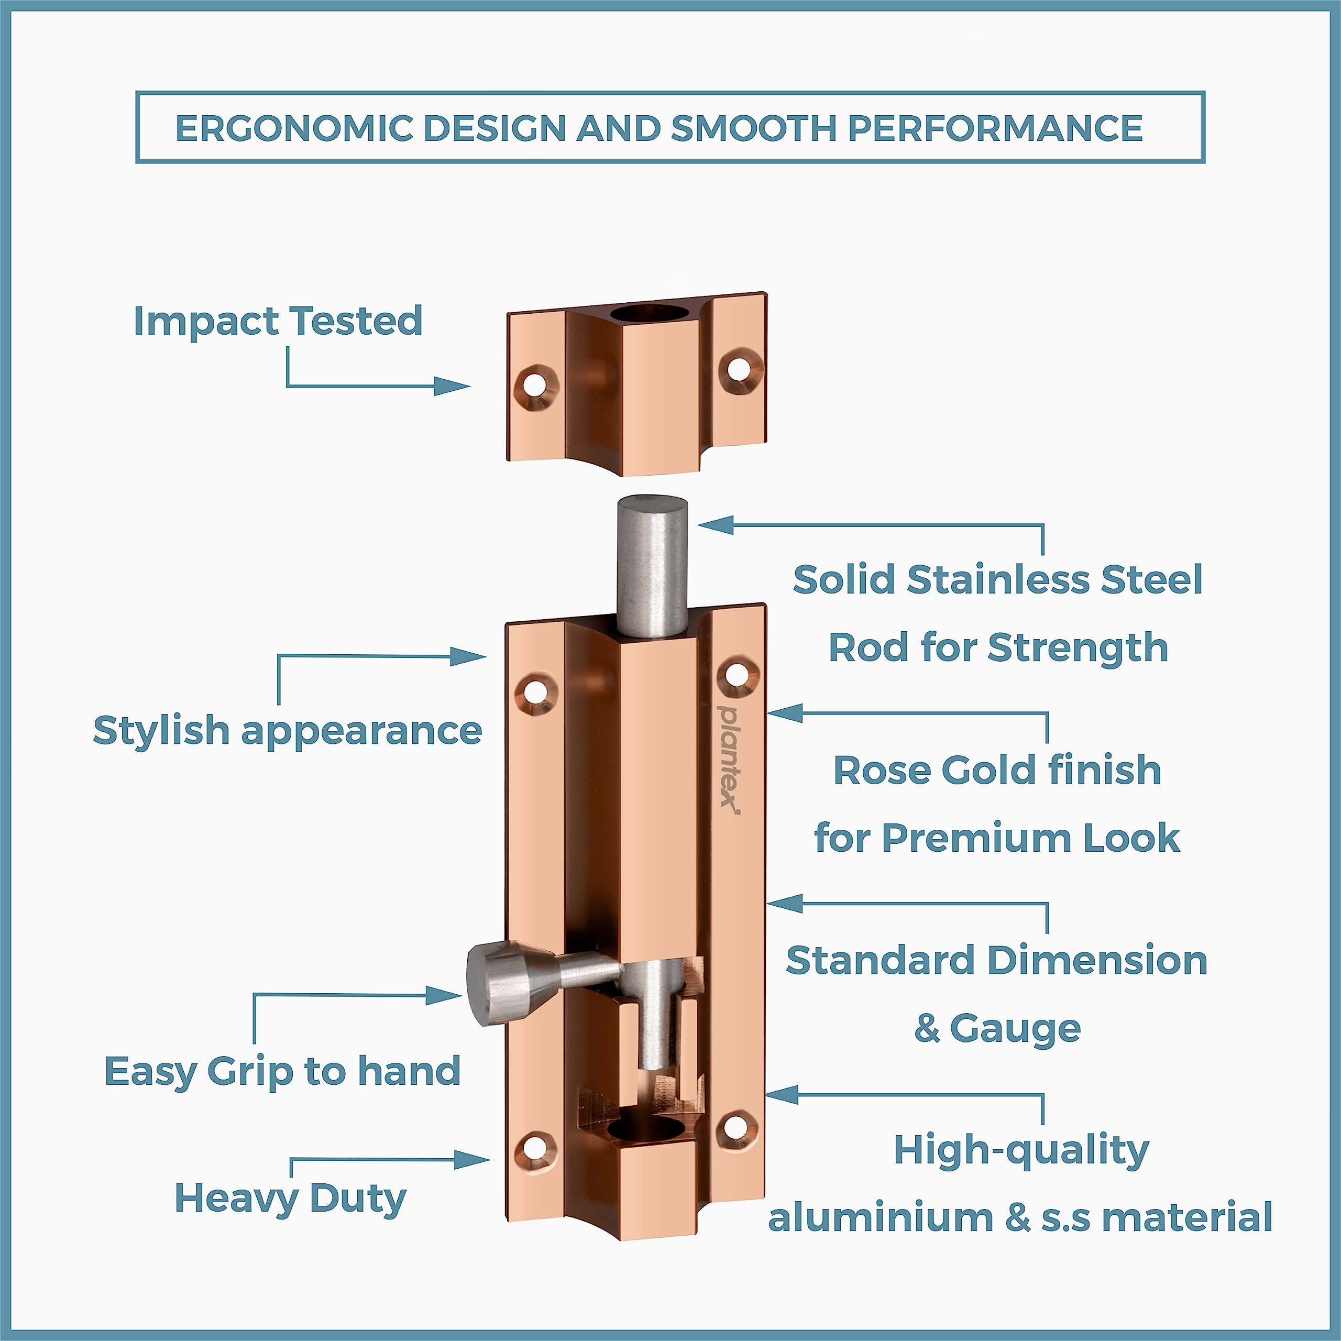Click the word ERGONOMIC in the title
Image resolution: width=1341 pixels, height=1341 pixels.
[x=294, y=128]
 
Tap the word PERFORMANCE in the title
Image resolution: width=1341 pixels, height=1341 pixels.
[x=995, y=128]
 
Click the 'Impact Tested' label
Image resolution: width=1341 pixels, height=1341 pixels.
[x=278, y=321]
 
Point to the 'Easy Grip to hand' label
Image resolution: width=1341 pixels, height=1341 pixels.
[x=282, y=1071]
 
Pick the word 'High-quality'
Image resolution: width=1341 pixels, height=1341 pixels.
[x=1021, y=1151]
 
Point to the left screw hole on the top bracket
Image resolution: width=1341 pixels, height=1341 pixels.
[x=535, y=384]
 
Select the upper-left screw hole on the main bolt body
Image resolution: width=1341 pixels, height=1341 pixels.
[x=535, y=691]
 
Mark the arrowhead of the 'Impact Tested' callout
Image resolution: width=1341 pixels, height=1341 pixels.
[x=452, y=386]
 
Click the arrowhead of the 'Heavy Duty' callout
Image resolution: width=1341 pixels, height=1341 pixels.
[x=472, y=1159]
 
